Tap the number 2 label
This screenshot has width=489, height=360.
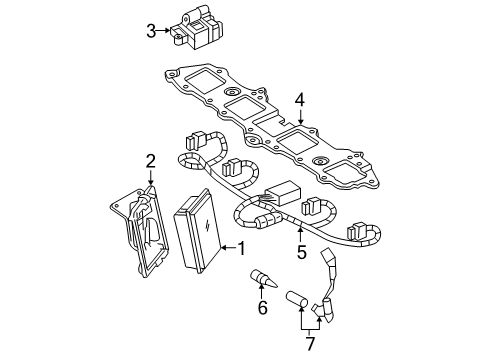coord(151,160)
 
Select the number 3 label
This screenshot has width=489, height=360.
coord(150,31)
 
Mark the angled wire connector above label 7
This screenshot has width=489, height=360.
coord(326,285)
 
